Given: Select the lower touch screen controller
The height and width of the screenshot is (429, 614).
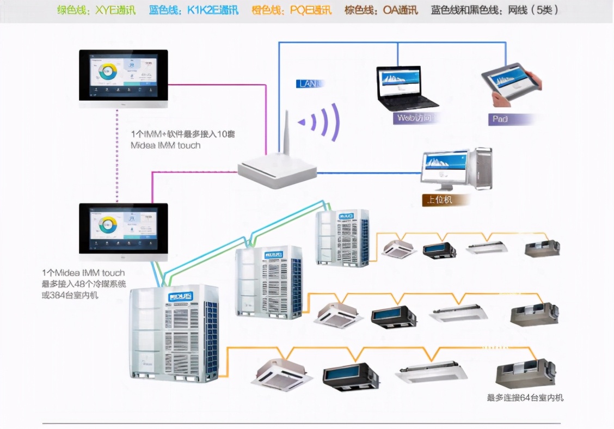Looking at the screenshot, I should tap(124, 229).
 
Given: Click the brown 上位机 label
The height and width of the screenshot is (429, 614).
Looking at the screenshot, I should tap(437, 200).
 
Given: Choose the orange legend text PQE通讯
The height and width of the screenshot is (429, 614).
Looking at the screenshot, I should tap(292, 10).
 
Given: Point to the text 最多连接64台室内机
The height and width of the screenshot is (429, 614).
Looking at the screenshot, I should tap(525, 398).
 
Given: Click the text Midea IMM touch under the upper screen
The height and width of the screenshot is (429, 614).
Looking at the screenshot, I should tap(165, 145).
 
